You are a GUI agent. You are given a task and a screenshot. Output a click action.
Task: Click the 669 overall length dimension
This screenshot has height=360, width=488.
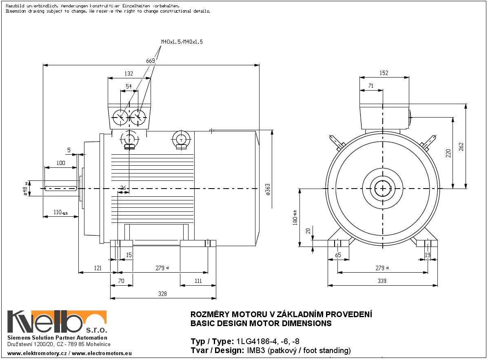point(151,61)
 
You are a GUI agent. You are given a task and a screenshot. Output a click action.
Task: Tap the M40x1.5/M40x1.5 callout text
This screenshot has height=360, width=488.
point(182,42)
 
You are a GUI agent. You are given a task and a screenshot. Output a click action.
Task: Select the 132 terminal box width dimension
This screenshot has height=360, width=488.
point(129,74)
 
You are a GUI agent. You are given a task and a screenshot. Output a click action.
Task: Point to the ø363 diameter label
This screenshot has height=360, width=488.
point(268,190)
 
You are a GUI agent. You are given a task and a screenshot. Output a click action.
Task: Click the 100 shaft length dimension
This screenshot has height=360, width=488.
point(60,163)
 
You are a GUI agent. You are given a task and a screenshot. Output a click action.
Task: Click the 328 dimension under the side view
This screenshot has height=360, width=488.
point(162,293)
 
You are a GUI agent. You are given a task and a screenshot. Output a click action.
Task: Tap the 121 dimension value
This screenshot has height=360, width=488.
point(98,268)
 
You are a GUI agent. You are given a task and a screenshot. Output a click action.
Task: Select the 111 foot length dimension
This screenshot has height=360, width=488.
point(198,281)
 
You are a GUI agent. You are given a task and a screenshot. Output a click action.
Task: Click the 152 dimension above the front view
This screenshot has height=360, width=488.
point(384,73)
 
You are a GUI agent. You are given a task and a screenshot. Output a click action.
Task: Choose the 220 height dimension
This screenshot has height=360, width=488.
point(448,153)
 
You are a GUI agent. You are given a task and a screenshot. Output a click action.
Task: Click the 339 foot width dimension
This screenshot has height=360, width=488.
point(382,281)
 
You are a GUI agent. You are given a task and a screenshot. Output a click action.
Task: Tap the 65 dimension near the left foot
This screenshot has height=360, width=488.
point(337,255)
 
